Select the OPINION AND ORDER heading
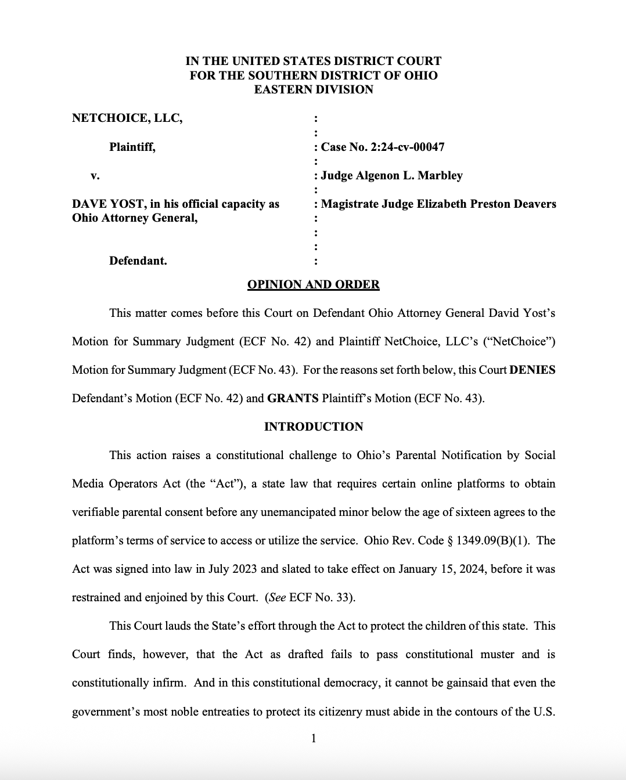tap(313, 284)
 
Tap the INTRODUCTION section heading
tap(313, 427)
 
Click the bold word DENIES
tap(532, 370)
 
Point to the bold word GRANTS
tap(293, 398)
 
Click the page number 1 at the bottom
tap(313, 738)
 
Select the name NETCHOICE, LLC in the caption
tap(127, 118)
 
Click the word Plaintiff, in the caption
tap(132, 147)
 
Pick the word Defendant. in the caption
tap(138, 261)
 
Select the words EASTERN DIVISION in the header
tap(313, 89)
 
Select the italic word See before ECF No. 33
tap(277, 597)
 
